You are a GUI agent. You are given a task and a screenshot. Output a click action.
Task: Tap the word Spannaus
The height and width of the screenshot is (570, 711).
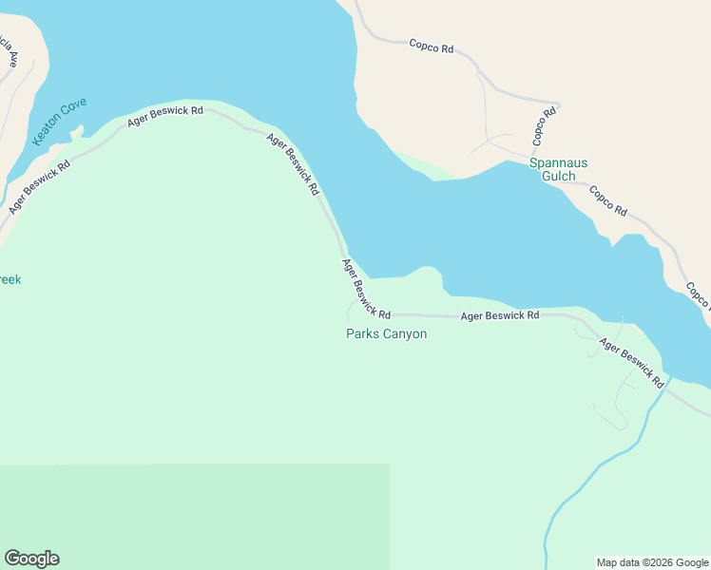[558, 162]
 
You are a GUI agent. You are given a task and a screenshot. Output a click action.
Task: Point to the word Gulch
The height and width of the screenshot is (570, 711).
[558, 176]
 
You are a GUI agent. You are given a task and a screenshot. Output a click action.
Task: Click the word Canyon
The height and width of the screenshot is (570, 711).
[404, 333]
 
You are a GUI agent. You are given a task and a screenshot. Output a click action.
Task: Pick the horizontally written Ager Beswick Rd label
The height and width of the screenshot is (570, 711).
[499, 314]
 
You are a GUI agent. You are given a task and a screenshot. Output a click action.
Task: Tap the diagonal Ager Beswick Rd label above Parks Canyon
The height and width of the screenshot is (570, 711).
[366, 289]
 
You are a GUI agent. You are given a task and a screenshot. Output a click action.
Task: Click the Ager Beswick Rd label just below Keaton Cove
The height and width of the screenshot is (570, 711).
[39, 186]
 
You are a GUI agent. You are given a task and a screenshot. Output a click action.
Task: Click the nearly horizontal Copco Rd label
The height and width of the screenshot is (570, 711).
[431, 46]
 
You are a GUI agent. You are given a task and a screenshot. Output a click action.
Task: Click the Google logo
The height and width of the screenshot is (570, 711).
[31, 559]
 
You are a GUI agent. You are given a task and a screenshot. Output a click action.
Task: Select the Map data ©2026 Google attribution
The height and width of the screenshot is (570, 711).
[652, 562]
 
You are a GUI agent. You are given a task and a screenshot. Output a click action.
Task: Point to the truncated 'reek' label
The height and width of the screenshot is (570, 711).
[10, 279]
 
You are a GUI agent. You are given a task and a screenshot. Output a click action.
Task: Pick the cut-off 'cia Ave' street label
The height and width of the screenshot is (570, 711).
[9, 53]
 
